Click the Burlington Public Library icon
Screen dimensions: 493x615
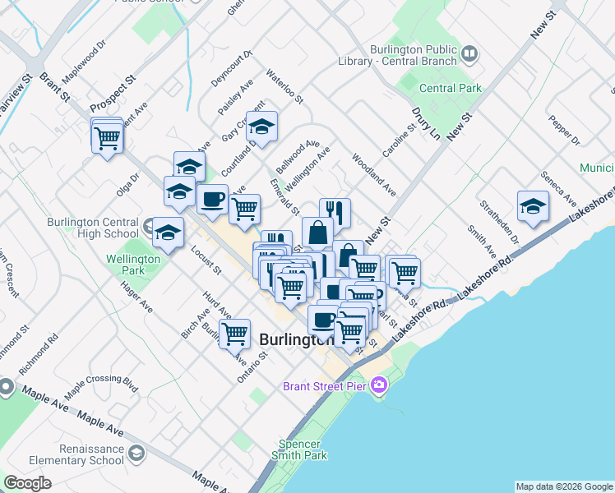469,54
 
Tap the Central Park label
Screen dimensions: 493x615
450,88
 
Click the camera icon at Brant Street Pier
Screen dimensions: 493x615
379,385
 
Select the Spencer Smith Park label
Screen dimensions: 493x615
302,449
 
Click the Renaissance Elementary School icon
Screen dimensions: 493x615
136,453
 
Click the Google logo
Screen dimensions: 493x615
27,483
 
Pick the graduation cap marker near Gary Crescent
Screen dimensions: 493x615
261,127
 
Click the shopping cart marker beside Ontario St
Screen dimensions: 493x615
235,333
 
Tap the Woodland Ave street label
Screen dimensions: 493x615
374,174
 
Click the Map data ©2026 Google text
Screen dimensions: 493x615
564,486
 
